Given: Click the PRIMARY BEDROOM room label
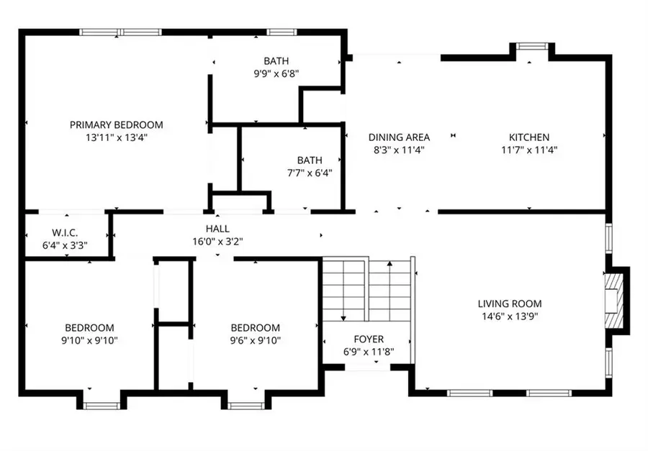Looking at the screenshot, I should click(116, 124).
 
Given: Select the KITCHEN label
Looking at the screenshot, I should click(529, 137).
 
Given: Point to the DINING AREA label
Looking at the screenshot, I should click(399, 137).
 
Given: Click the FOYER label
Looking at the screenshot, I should click(368, 339).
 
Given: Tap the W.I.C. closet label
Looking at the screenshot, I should click(65, 232).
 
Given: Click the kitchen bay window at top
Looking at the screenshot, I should click(532, 46).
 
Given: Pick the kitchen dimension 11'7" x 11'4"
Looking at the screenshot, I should click(529, 150).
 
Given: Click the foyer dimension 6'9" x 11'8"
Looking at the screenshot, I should click(368, 352).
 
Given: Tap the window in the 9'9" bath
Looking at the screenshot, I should click(282, 32).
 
